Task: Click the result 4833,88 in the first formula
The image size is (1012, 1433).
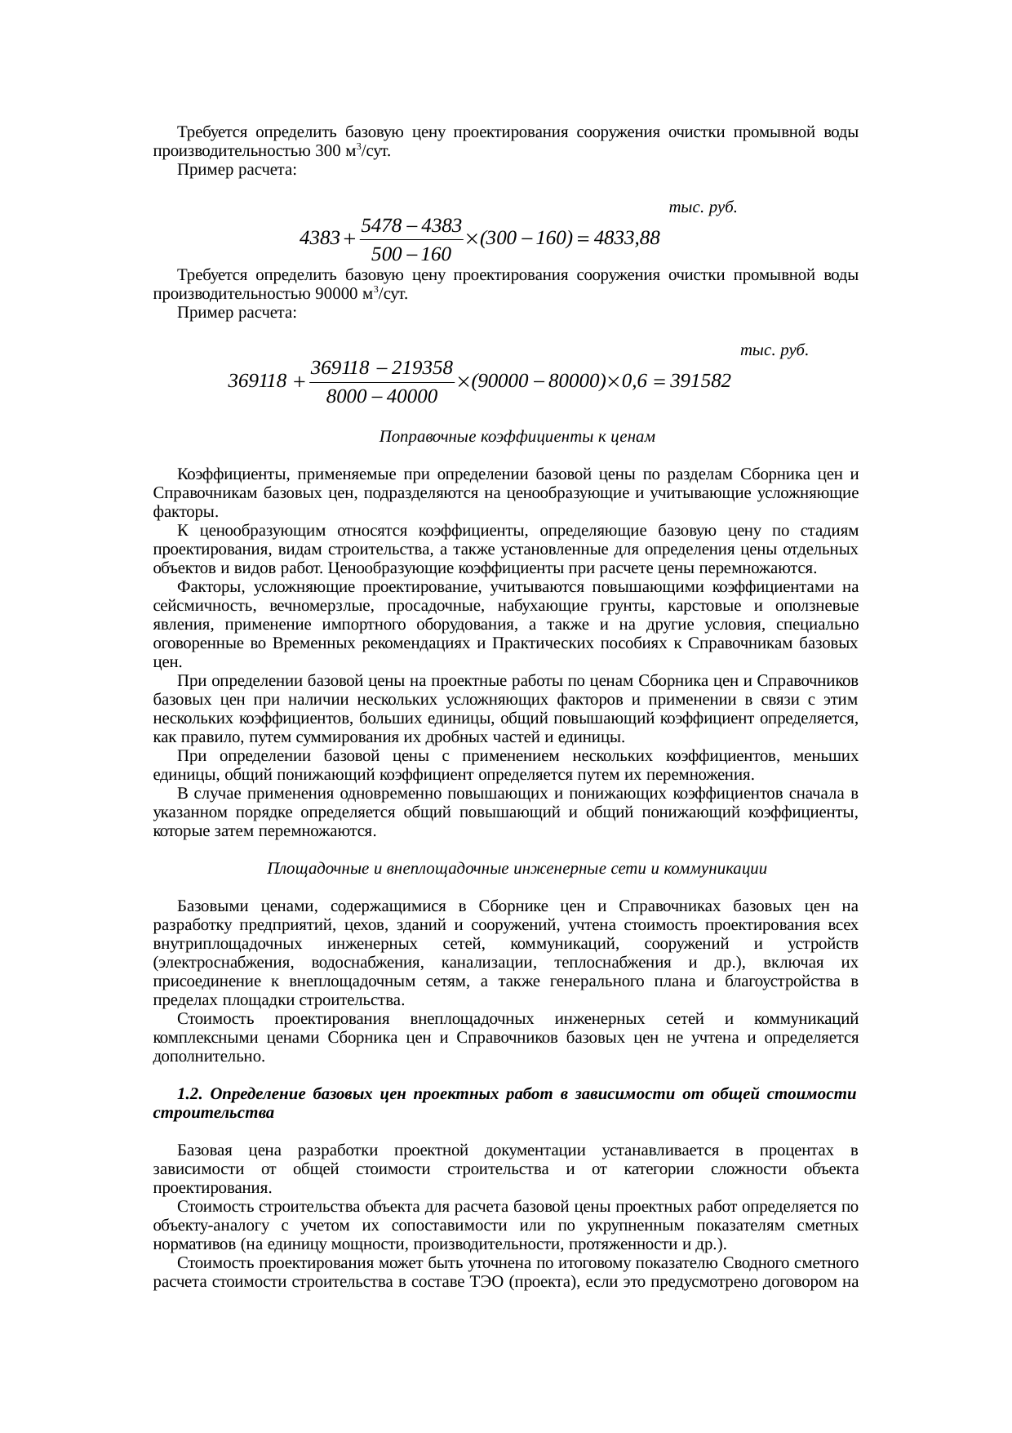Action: [627, 239]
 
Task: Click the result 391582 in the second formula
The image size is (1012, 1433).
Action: [699, 381]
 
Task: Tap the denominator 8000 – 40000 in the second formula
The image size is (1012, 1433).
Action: [382, 398]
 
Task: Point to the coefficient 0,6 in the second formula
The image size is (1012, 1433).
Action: [636, 381]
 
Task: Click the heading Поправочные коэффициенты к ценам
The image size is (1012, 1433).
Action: [517, 437]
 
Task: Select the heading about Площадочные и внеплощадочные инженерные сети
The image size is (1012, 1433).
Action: [517, 869]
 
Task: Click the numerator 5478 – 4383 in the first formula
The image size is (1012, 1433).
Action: [411, 224]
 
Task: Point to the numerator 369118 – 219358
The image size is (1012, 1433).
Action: [383, 367]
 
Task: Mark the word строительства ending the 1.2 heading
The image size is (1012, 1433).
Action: [213, 1112]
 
